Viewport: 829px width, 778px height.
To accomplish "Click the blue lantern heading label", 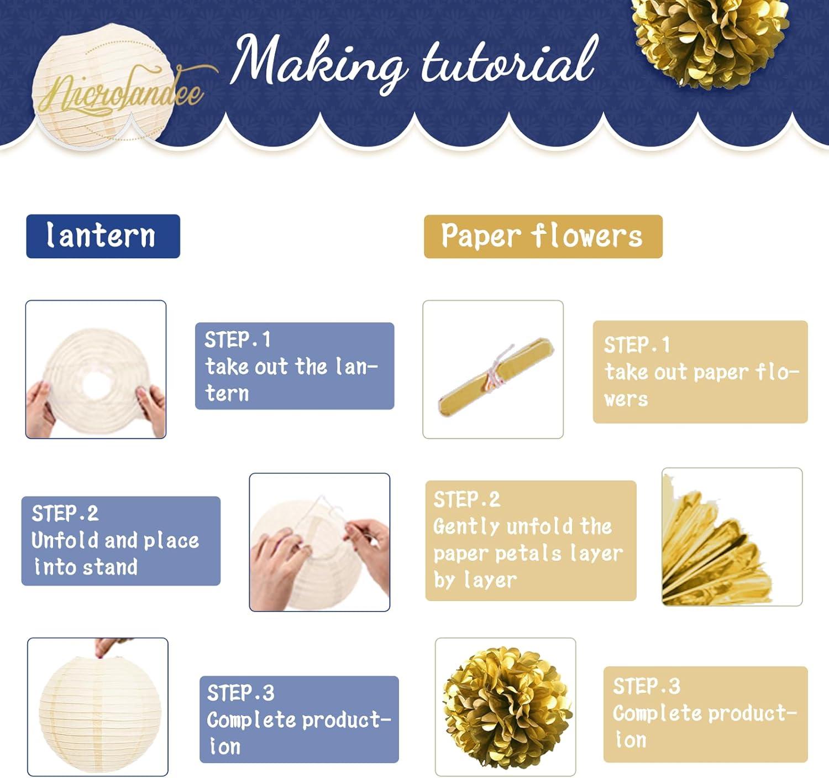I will (x=103, y=236).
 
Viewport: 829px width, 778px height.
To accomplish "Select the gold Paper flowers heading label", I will (x=542, y=236).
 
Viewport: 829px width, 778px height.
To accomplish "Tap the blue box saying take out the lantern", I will (x=294, y=366).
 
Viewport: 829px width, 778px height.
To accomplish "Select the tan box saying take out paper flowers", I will (x=700, y=372).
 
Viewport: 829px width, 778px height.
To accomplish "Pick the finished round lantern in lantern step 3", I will (x=97, y=711).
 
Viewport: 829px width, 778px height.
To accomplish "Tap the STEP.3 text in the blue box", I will (x=240, y=693).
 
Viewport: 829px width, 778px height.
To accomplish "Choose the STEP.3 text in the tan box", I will (x=646, y=686).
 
